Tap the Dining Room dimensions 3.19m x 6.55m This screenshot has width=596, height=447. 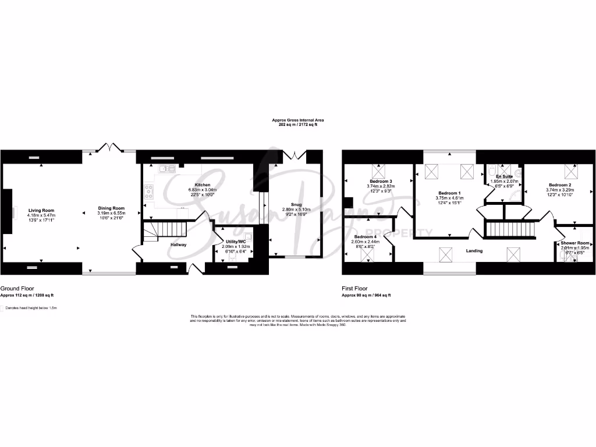[x=111, y=213]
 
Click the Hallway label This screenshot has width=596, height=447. [x=178, y=245]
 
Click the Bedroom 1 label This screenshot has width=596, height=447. [x=449, y=193]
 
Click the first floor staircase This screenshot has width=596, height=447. [x=510, y=229]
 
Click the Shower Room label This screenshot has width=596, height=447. [x=575, y=243]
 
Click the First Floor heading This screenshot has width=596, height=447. [x=355, y=288]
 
